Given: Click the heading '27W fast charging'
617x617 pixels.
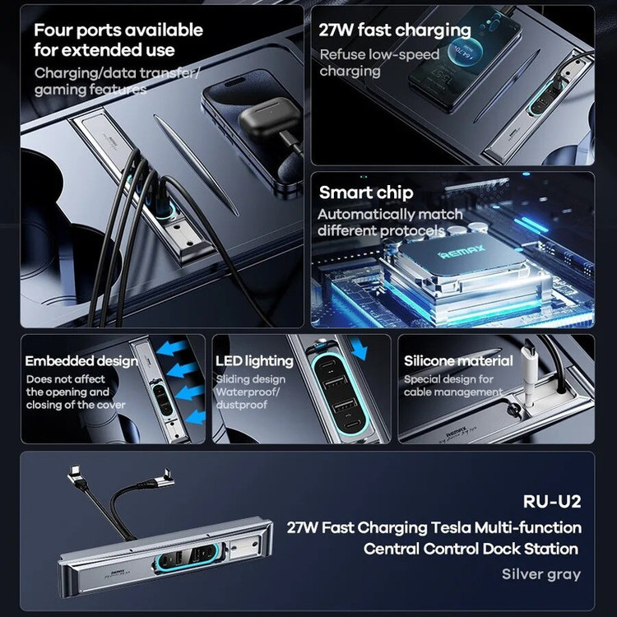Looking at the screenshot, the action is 395,30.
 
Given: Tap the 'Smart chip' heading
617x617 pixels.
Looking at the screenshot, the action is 366,193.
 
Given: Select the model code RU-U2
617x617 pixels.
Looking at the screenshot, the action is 552,501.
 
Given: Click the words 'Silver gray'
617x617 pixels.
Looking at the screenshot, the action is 541,574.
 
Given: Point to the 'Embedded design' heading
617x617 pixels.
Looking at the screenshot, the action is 81,361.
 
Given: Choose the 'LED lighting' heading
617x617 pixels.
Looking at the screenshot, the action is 254,361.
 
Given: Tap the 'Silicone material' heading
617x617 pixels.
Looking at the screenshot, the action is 458,360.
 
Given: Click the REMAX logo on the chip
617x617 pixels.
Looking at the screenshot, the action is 462,252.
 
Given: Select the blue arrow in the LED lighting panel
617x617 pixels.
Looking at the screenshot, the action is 359,348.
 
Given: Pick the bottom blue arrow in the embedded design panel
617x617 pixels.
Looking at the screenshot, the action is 196,417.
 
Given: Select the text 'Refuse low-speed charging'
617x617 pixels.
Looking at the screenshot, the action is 379,63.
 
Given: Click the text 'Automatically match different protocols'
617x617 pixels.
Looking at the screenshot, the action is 390,222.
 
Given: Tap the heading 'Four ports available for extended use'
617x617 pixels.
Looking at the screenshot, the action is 118,40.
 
